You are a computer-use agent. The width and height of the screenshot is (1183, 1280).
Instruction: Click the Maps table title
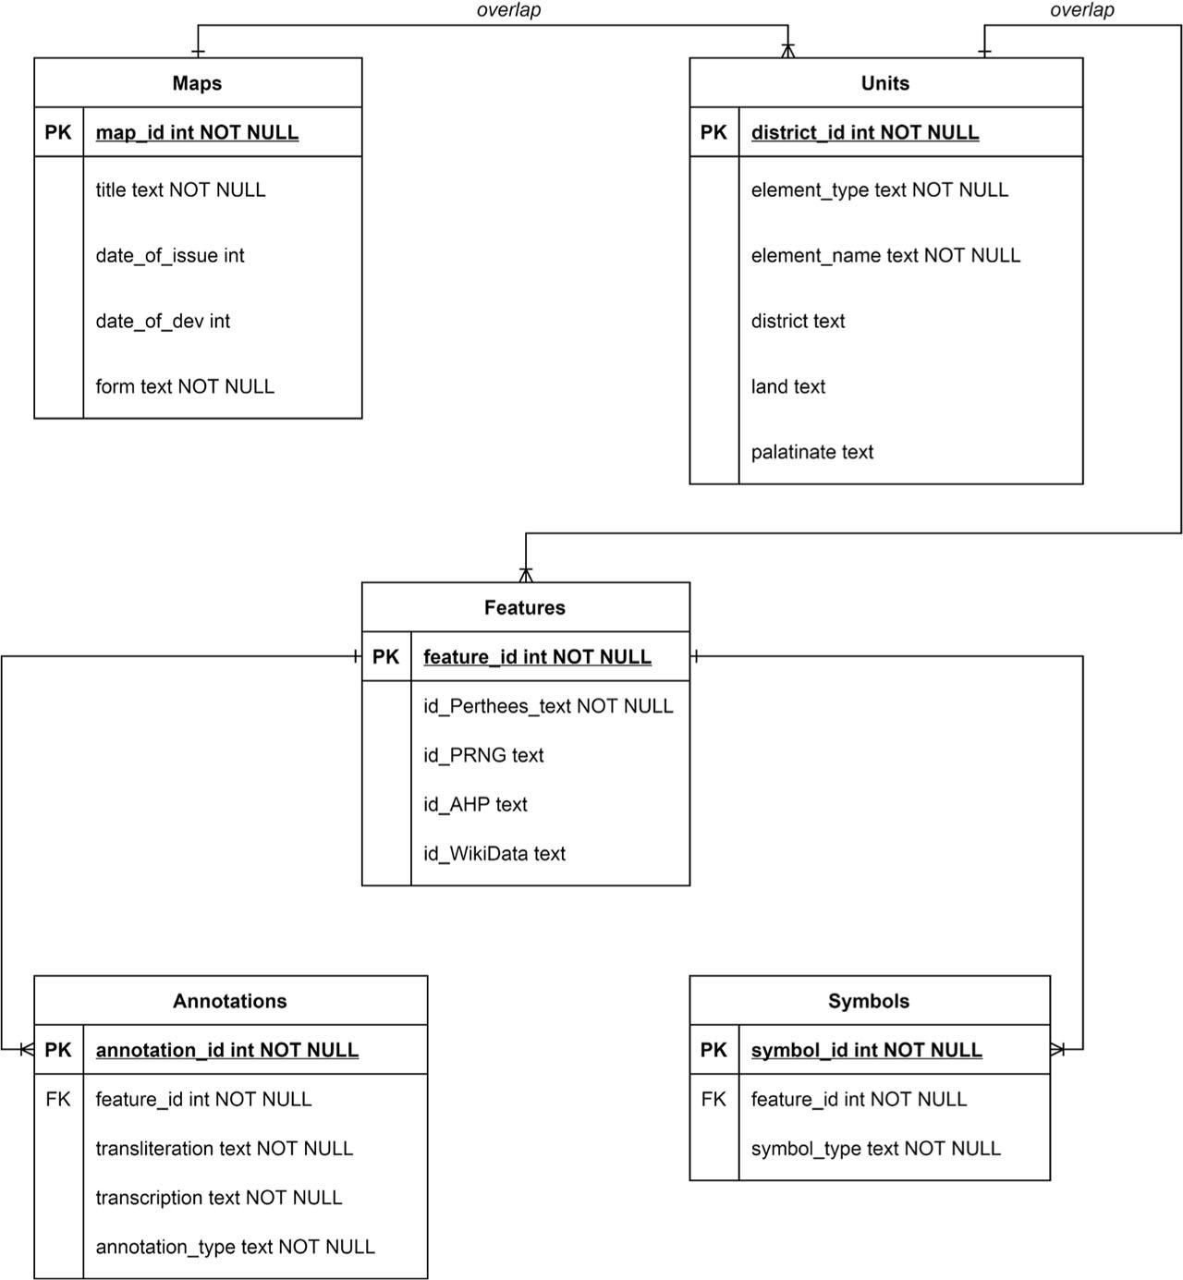tap(197, 83)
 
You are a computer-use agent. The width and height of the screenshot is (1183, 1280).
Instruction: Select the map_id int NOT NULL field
tap(197, 132)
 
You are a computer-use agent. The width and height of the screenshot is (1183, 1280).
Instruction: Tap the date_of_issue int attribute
tap(170, 255)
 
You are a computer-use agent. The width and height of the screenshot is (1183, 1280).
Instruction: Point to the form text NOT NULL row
tap(185, 386)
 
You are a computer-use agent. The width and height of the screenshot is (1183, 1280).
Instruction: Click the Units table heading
tap(884, 83)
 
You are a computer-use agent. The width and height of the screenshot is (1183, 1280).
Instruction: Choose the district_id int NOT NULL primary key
tap(864, 132)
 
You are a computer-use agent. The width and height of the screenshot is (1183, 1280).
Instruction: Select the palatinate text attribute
tap(811, 452)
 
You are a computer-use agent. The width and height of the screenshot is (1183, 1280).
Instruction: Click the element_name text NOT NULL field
tap(884, 255)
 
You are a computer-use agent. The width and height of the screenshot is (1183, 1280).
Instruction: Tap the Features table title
tap(524, 607)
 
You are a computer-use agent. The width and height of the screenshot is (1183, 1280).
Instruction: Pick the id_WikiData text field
tap(494, 854)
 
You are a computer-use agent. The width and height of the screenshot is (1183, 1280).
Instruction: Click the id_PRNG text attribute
tap(483, 755)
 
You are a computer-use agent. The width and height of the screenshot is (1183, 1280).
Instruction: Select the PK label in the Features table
tap(385, 657)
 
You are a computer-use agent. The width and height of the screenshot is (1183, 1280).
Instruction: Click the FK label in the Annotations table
tap(57, 1099)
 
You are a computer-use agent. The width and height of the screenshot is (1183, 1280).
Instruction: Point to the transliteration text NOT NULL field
tap(224, 1149)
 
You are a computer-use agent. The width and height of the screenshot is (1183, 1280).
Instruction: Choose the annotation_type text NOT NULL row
tap(235, 1247)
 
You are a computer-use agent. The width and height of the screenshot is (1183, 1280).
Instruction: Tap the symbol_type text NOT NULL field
tap(875, 1149)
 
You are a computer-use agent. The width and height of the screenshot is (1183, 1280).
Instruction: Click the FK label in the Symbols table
tap(713, 1099)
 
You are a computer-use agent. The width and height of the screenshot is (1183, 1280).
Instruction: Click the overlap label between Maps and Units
tap(508, 10)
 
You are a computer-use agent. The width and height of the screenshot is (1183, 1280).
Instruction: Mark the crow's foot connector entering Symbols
tap(1059, 1050)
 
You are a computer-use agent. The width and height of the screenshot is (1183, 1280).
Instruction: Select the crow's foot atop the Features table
tap(526, 573)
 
